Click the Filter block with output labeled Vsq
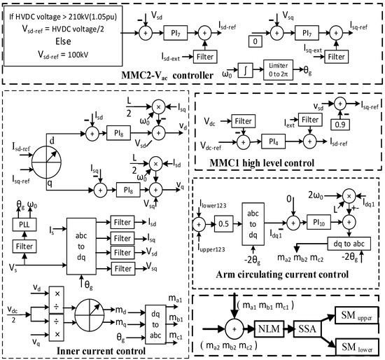pyautogui.click(x=123, y=266)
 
